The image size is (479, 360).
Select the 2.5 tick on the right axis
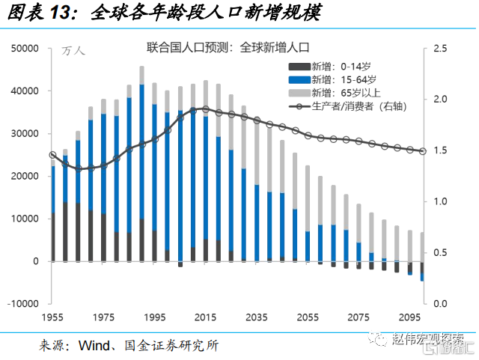441,49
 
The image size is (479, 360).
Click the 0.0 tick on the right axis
441,304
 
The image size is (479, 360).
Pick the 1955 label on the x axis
52,317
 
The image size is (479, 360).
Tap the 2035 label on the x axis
257,317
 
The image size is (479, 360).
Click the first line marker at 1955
52,155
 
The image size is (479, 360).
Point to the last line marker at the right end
423,151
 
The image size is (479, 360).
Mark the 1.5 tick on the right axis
441,150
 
